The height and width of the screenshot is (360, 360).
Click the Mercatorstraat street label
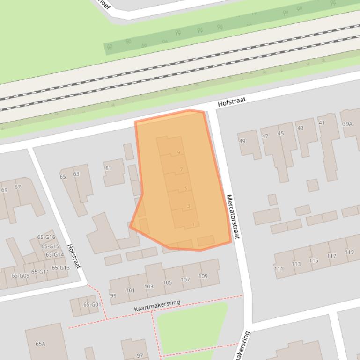tap(232, 217)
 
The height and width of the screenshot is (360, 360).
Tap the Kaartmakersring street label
tap(157, 306)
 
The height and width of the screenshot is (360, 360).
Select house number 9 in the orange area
tap(179, 152)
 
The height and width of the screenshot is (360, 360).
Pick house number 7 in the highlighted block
tap(181, 170)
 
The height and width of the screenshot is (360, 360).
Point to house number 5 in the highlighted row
tap(186, 188)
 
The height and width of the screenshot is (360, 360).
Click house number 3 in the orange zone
tap(188, 206)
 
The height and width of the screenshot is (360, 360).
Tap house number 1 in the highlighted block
tap(193, 224)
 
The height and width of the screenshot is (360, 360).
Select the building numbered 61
tap(108, 168)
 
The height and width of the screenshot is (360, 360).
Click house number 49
tap(242, 141)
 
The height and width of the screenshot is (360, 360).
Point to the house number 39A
tap(347, 124)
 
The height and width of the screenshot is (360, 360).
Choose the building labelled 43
tap(300, 128)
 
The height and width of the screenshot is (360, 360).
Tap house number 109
tap(203, 276)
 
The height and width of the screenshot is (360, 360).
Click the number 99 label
tap(113, 295)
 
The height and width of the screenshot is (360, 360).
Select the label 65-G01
tap(92, 304)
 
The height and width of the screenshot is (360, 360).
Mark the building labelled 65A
tap(40, 344)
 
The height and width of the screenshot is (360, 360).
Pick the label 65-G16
tap(46, 238)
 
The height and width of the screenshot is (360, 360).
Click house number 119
tap(349, 252)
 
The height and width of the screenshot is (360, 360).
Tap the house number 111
tap(279, 269)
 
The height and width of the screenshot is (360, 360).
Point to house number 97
tap(140, 356)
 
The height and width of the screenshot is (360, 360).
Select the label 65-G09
tap(20, 276)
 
